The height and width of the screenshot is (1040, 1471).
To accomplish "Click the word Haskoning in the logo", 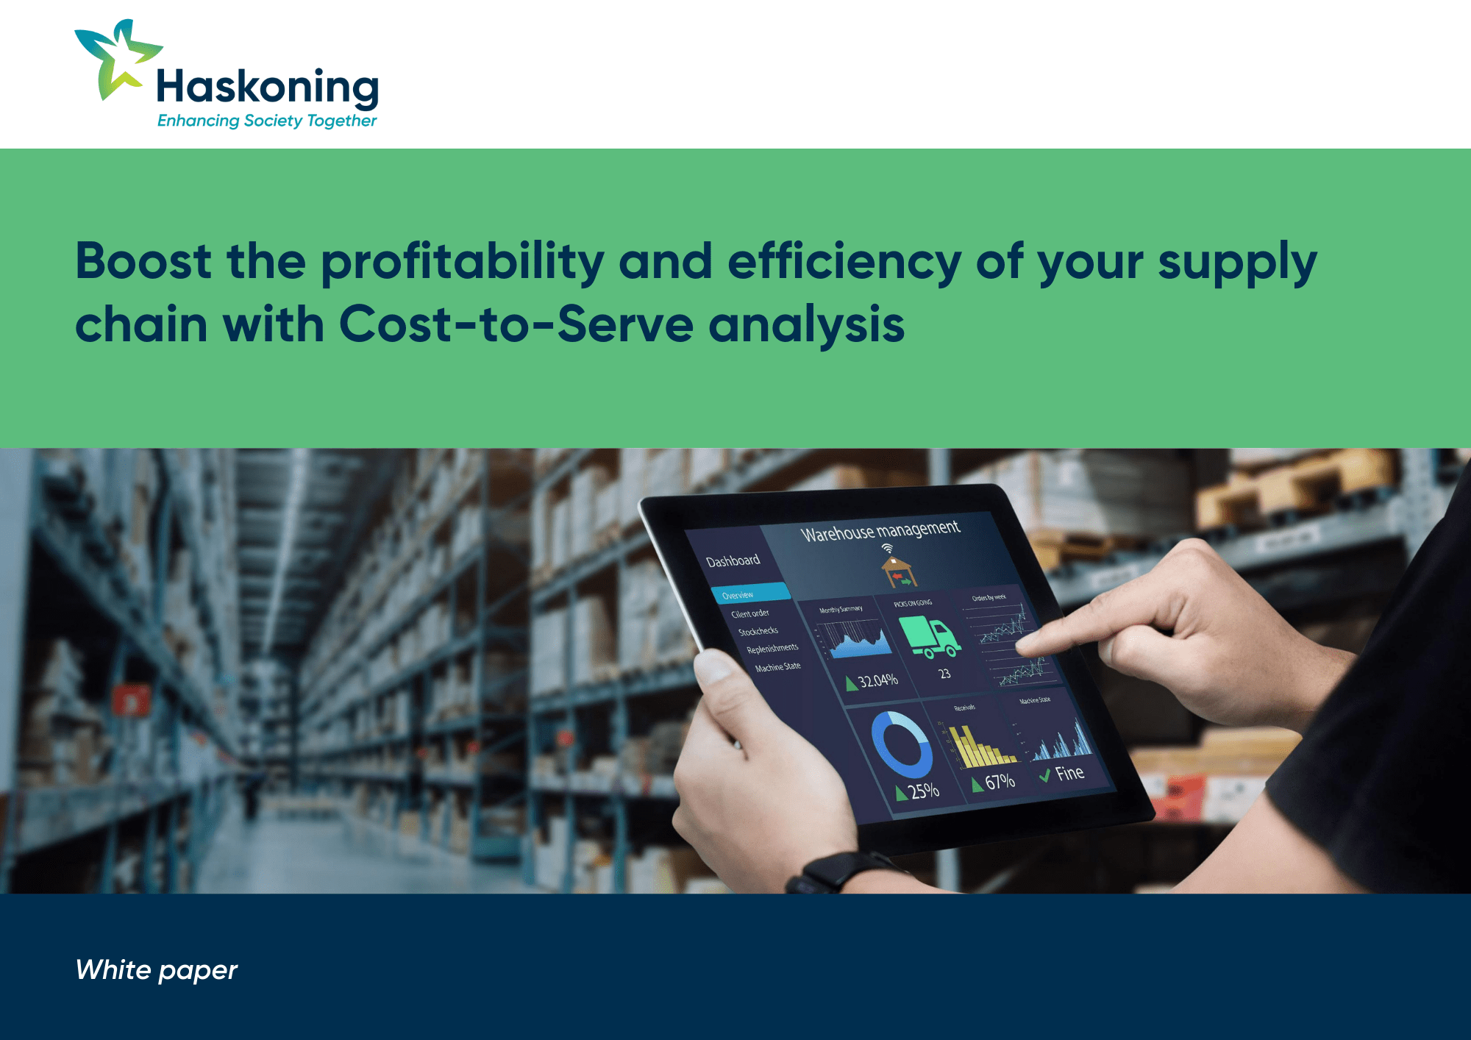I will (267, 87).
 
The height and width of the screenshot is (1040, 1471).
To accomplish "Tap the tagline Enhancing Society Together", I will (267, 121).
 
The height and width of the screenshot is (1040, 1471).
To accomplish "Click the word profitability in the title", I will (462, 262).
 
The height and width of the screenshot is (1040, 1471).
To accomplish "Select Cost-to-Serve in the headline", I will (516, 324).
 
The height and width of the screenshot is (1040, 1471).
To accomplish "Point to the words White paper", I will (156, 970).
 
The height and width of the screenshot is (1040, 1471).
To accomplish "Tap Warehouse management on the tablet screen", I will (880, 530).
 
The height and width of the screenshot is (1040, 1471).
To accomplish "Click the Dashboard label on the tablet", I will (733, 561).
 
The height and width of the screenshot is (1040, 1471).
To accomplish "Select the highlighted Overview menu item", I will (738, 595).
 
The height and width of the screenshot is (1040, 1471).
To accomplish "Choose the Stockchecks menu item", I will (758, 631).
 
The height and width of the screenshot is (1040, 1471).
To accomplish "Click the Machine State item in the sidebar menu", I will (777, 667).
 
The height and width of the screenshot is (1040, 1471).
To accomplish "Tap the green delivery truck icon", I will (930, 637).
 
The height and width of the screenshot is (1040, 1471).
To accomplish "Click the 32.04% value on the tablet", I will (877, 680).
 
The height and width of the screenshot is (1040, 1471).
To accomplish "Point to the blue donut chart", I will (902, 744).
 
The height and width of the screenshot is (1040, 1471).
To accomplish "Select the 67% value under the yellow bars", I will (1000, 782).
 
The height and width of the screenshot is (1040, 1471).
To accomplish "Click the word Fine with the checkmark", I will (1069, 773).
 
